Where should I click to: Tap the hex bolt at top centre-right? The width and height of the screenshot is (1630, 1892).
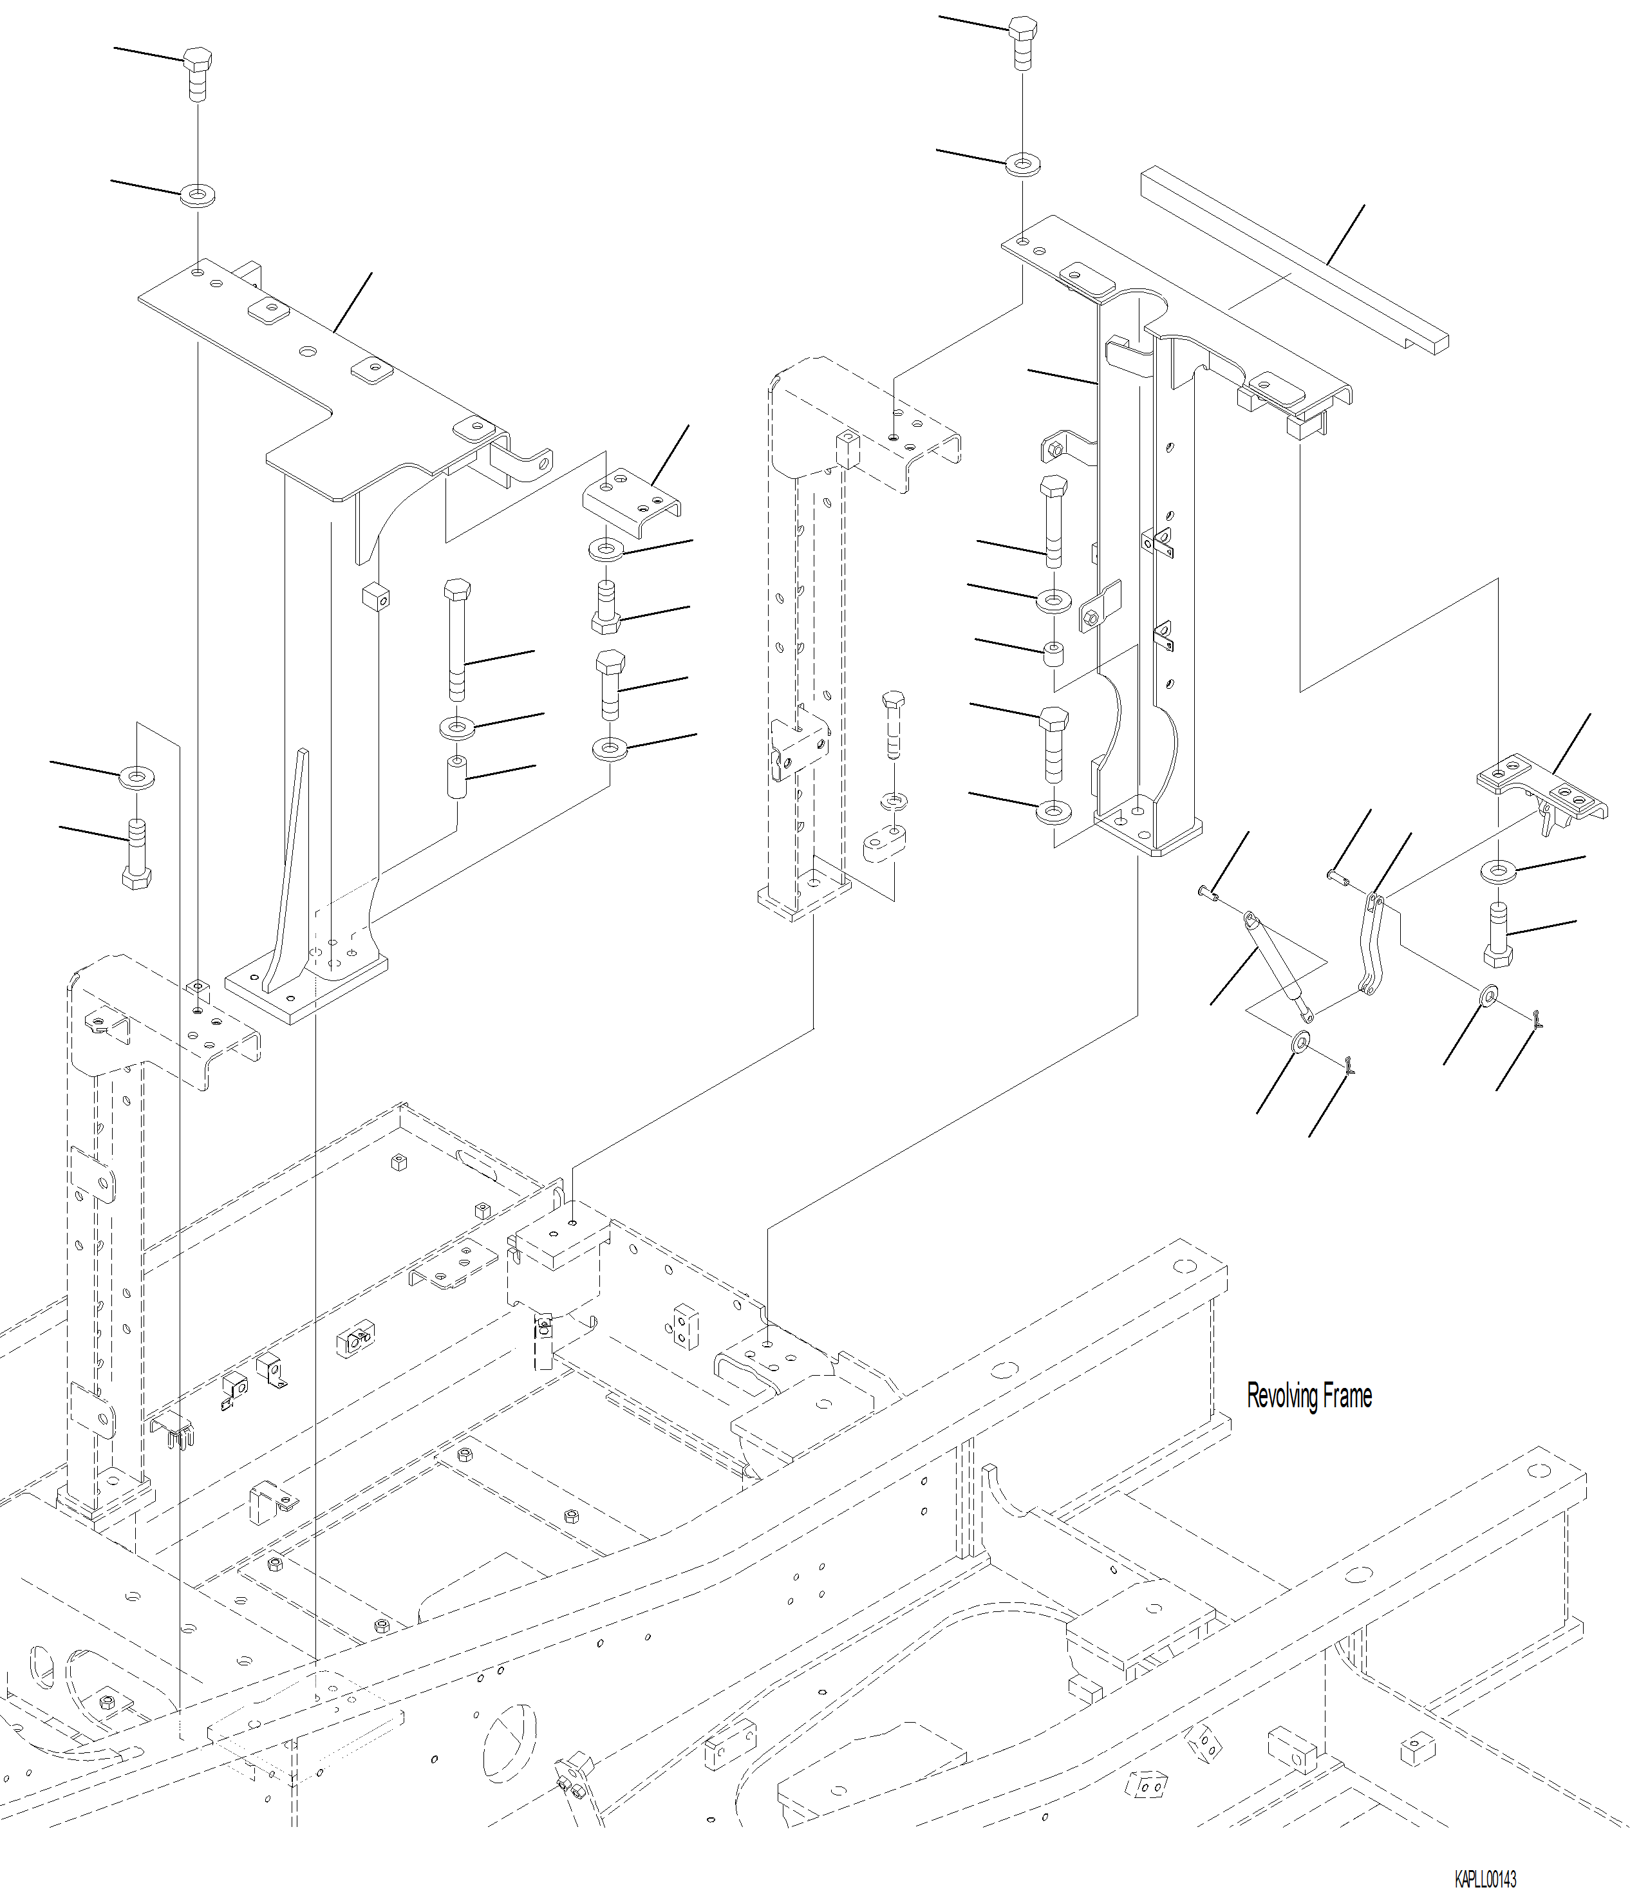pyautogui.click(x=1023, y=41)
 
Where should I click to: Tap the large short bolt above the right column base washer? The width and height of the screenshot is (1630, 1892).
pyautogui.click(x=1053, y=744)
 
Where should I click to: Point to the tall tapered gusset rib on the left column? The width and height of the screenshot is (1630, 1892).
pyautogui.click(x=290, y=868)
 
